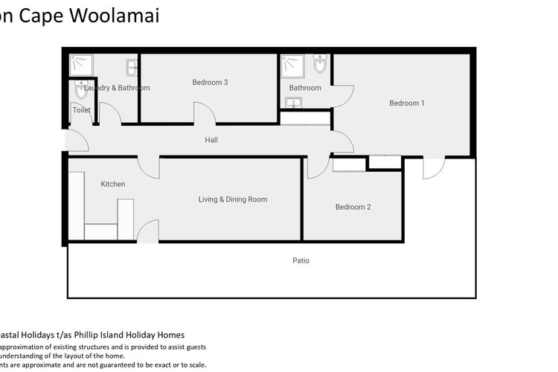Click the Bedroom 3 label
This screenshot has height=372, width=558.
click(210, 82)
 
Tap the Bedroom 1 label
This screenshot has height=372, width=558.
click(407, 103)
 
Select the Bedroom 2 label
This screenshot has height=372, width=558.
click(353, 207)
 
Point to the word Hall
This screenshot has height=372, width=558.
click(211, 139)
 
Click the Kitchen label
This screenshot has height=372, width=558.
click(113, 184)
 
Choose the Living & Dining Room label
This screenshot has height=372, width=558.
click(232, 199)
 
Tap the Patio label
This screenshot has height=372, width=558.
click(301, 260)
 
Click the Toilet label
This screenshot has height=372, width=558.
click(81, 110)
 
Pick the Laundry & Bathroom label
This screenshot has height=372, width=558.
click(117, 88)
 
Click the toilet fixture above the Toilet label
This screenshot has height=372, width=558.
click(81, 91)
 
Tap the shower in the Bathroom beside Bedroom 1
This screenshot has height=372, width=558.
click(291, 65)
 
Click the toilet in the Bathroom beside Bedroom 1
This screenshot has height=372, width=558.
click(320, 65)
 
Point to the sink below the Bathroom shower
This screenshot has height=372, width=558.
click(292, 102)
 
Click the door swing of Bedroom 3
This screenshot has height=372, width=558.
click(205, 113)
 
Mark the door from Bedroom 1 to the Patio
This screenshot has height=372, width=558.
click(434, 167)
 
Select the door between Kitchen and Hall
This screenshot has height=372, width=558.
click(149, 166)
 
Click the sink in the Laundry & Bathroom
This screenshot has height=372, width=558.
click(132, 67)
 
